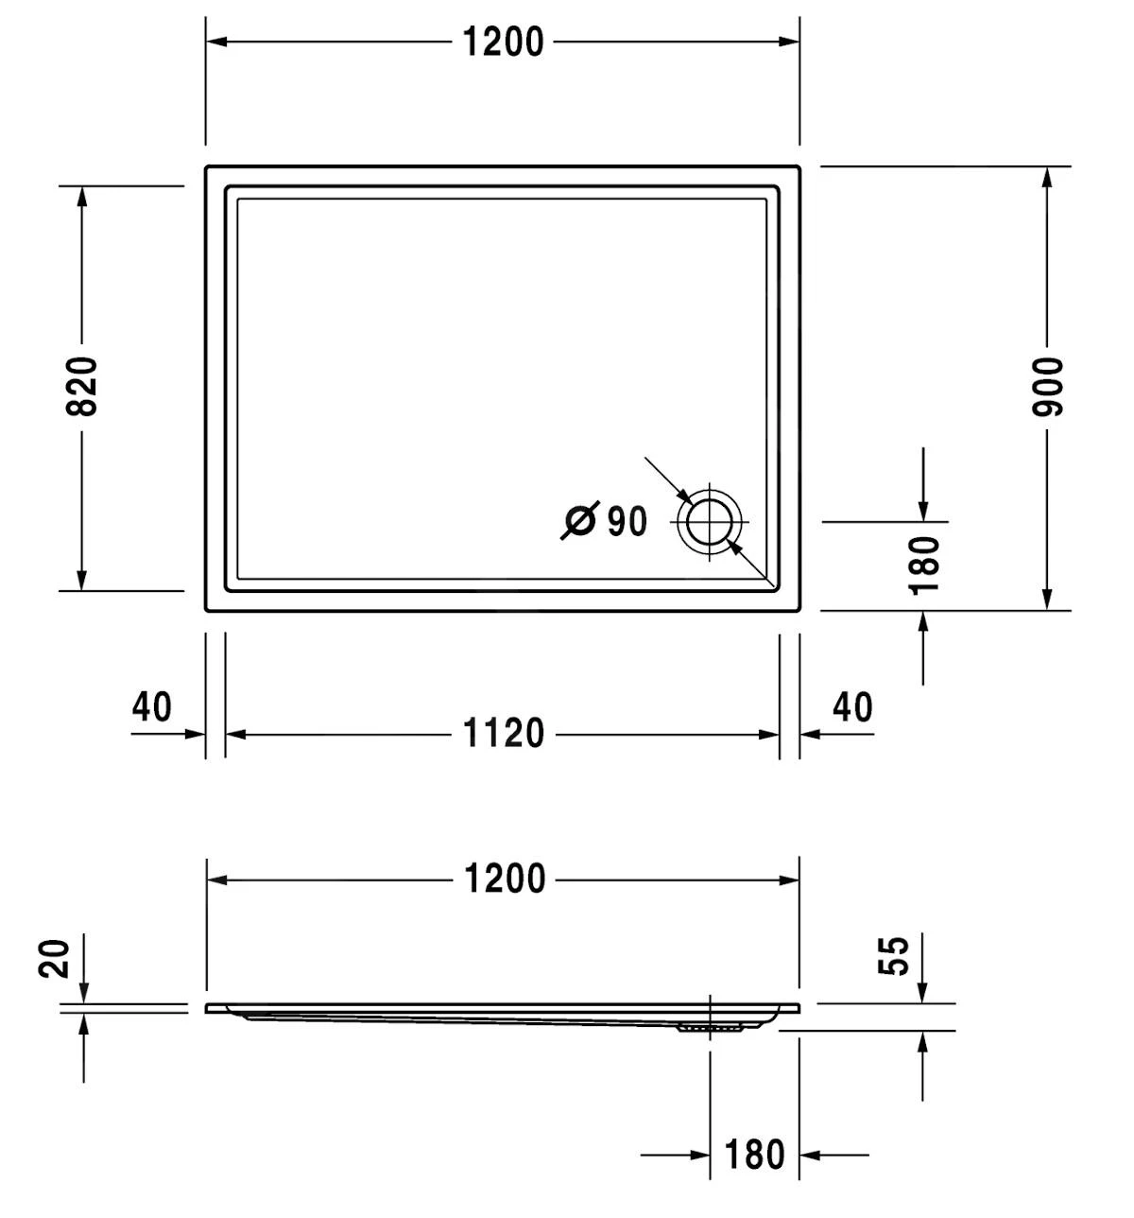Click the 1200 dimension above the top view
pyautogui.click(x=503, y=43)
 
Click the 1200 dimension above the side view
pyautogui.click(x=505, y=879)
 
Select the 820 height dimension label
pyautogui.click(x=82, y=387)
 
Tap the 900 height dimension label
pyautogui.click(x=1048, y=387)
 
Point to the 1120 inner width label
pyautogui.click(x=504, y=734)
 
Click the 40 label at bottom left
pyautogui.click(x=152, y=707)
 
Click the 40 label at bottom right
pyautogui.click(x=853, y=707)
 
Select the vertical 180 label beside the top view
pyautogui.click(x=925, y=565)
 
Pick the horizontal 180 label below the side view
pyautogui.click(x=754, y=1155)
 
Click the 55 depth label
pyautogui.click(x=894, y=955)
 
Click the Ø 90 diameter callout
pyautogui.click(x=605, y=521)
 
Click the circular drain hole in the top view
pyautogui.click(x=709, y=521)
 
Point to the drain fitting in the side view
pyautogui.click(x=710, y=1026)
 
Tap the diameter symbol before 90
pyautogui.click(x=578, y=521)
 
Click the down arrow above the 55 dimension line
pyautogui.click(x=922, y=991)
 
